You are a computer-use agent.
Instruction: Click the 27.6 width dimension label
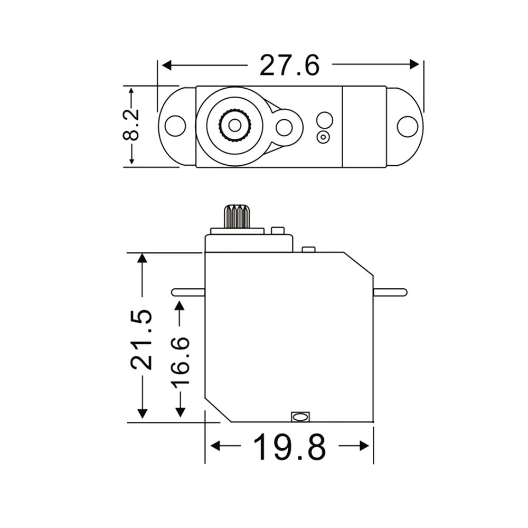pos(289,65)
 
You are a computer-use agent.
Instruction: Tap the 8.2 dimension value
pos(130,126)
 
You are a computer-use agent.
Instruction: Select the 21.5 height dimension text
pos(142,338)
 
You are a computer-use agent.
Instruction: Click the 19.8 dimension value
pos(289,447)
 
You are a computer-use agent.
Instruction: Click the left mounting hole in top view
pos(175,126)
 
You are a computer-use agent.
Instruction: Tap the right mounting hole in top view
pos(407,126)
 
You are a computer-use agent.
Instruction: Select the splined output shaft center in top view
pos(234,125)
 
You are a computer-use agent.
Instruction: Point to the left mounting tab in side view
pos(188,292)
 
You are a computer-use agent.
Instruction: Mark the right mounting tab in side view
pos(390,292)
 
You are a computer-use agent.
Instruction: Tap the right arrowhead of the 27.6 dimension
pos(414,64)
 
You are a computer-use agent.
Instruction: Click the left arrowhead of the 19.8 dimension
pos(215,446)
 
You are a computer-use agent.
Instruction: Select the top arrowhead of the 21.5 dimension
pos(142,258)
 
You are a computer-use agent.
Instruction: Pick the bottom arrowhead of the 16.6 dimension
pos(180,412)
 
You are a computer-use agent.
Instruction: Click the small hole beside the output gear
pos(284,127)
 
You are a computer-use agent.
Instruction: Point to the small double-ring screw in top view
pos(323,137)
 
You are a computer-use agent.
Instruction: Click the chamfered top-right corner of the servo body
pos(359,264)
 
